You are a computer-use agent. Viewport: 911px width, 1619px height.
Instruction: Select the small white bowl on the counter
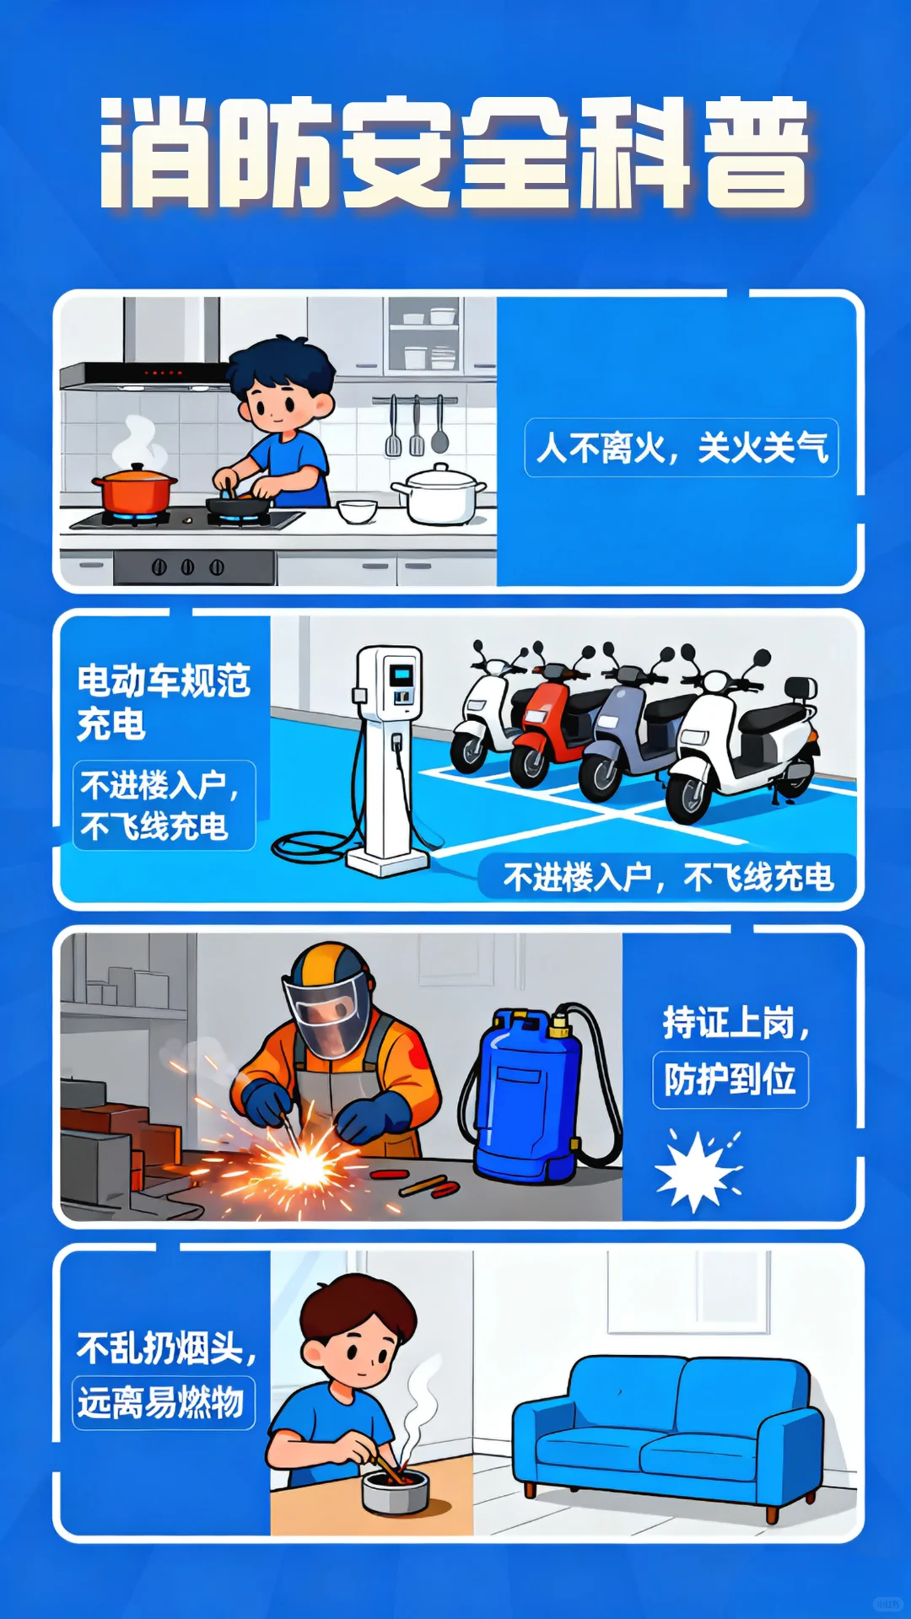357,511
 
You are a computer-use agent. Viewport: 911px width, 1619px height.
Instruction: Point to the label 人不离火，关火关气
682,448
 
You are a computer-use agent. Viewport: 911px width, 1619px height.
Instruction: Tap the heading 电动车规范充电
163,702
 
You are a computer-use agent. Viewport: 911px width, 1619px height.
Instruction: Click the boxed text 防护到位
730,1079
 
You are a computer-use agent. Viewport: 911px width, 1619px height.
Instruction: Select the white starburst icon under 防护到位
697,1172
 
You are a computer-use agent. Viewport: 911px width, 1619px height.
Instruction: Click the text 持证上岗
734,1023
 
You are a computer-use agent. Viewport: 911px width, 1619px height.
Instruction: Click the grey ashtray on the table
395,1491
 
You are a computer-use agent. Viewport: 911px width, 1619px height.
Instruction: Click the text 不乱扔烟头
164,1347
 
